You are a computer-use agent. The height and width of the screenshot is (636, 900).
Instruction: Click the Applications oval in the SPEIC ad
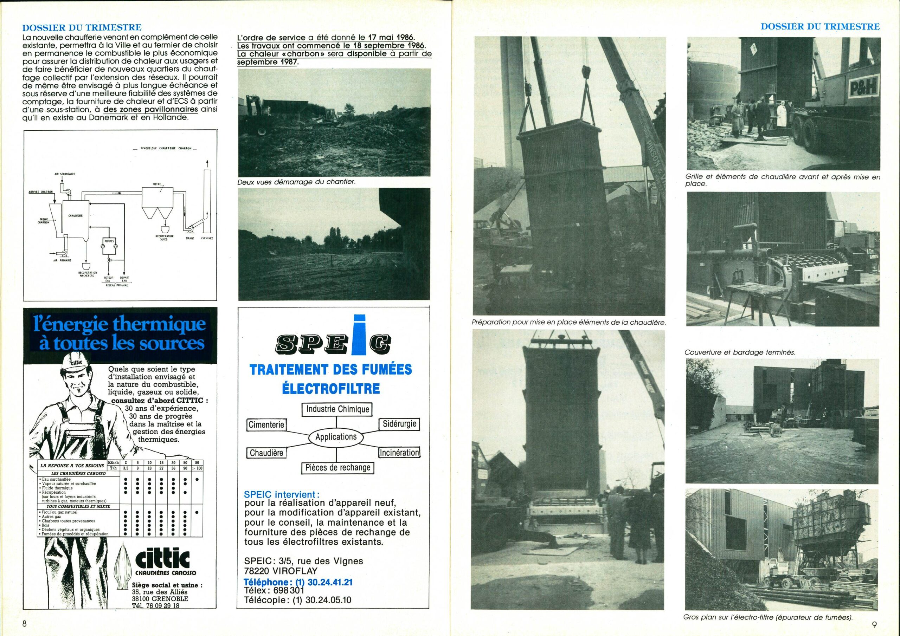[x=336, y=437]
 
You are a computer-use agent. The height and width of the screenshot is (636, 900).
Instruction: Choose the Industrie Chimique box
[x=337, y=409]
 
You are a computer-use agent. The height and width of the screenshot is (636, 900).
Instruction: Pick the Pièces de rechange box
[x=337, y=467]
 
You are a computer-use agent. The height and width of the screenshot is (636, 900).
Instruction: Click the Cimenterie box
[x=266, y=425]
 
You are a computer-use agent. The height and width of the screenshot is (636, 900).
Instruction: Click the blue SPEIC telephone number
[x=298, y=582]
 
